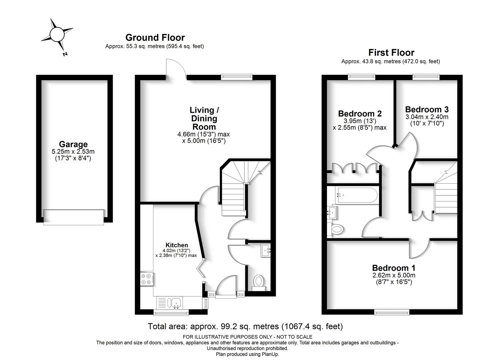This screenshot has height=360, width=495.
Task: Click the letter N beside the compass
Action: [65, 54]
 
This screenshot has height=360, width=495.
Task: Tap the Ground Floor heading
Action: [155, 38]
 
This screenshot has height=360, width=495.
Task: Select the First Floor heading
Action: [391, 53]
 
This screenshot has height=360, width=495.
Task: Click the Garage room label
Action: [73, 144]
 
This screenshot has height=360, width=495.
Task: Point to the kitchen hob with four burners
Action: [147, 279]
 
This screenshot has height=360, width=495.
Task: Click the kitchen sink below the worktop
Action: [175, 303]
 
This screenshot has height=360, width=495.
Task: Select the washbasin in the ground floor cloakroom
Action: [265, 250]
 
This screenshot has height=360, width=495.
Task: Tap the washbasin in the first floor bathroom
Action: [332, 212]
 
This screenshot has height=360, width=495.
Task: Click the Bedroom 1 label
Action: [394, 268]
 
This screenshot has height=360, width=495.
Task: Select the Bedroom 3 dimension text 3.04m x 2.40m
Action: [427, 117]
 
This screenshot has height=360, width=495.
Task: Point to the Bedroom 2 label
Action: [360, 114]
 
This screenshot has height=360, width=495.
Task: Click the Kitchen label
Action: [177, 245]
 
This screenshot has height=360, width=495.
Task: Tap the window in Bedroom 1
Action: [392, 312]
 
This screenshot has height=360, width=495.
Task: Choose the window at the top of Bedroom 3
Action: [426, 77]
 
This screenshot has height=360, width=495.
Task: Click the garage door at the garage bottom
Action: [74, 217]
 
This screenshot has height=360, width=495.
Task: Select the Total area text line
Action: [245, 326]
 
